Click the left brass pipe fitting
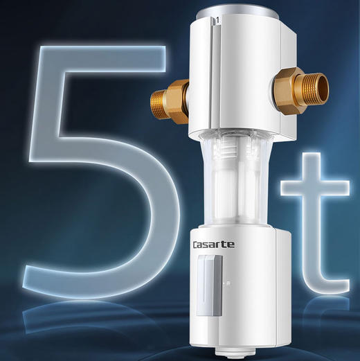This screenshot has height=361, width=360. (x=175, y=101)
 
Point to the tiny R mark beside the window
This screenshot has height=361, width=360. (x=228, y=283)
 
